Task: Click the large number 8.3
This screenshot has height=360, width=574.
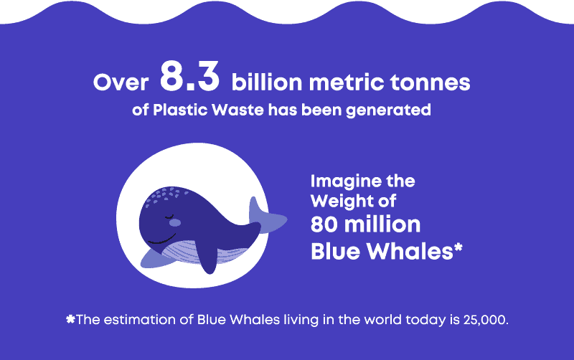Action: pyautogui.click(x=189, y=76)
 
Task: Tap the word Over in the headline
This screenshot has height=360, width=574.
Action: pyautogui.click(x=121, y=82)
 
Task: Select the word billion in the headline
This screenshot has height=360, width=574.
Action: pyautogui.click(x=267, y=82)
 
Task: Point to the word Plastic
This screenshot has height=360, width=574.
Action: pyautogui.click(x=181, y=110)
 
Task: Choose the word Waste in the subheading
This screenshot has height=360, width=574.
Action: pyautogui.click(x=237, y=110)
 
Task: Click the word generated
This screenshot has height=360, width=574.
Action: pyautogui.click(x=388, y=110)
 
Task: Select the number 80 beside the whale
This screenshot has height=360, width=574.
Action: pyautogui.click(x=324, y=224)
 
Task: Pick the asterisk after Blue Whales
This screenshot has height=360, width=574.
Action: pyautogui.click(x=458, y=247)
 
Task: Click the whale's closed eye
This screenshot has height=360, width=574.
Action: pyautogui.click(x=169, y=217)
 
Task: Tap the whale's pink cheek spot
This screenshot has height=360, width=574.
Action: pyautogui.click(x=175, y=222)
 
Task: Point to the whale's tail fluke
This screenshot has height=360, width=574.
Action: pyautogui.click(x=265, y=218)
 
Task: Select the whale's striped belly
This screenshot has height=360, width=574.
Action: pyautogui.click(x=205, y=252)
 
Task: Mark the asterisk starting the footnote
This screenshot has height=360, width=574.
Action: pyautogui.click(x=70, y=319)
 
